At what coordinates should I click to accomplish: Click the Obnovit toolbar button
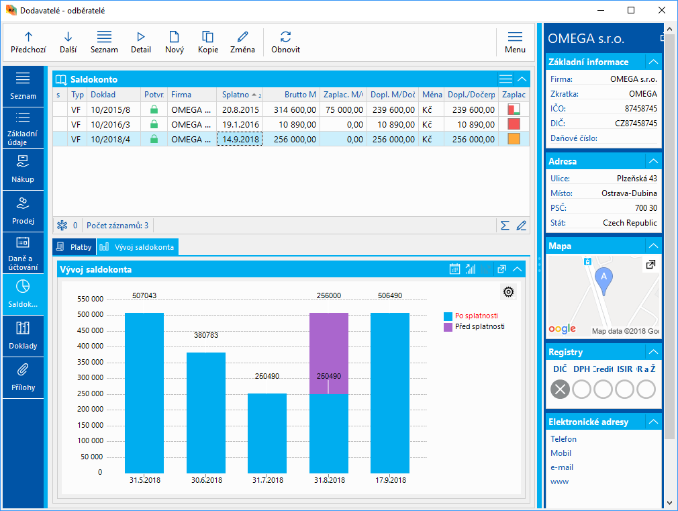(285, 42)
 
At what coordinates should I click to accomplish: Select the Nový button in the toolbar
(175, 42)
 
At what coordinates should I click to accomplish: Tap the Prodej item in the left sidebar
(23, 211)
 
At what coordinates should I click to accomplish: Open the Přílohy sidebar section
(23, 377)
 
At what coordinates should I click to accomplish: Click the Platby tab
(75, 247)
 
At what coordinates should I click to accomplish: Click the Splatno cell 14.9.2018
(240, 139)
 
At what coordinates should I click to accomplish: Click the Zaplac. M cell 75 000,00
(344, 109)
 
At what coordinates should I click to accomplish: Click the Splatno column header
(236, 95)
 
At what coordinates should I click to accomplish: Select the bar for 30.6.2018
(206, 412)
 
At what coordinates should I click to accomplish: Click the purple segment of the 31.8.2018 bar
(328, 353)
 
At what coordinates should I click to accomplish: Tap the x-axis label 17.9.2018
(390, 481)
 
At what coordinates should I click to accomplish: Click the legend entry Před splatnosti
(479, 326)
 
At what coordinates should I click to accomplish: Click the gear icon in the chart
(508, 291)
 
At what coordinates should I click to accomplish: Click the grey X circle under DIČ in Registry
(560, 389)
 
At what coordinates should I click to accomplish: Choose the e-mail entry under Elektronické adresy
(562, 467)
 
